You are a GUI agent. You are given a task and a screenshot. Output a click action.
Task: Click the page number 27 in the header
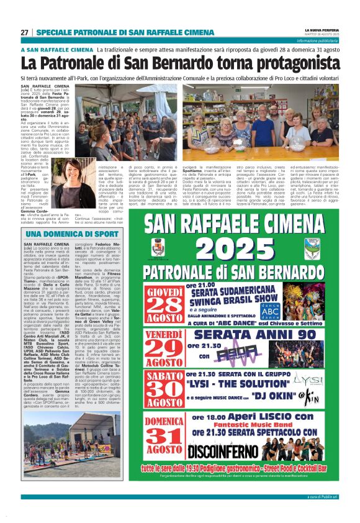24,32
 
